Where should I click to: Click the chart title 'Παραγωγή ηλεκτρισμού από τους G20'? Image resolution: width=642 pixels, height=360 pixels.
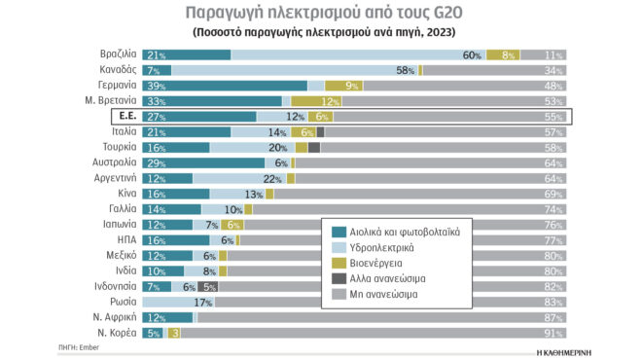[x=320, y=14]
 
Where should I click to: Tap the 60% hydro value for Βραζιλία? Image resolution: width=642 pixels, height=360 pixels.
[x=473, y=54]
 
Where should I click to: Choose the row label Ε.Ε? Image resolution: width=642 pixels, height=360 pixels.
[x=124, y=116]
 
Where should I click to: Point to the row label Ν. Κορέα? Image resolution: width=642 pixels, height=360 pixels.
[x=115, y=333]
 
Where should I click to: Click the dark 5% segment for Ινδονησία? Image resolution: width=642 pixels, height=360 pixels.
[x=207, y=286]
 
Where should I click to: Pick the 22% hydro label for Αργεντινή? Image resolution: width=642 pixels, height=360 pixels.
[x=271, y=178]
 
